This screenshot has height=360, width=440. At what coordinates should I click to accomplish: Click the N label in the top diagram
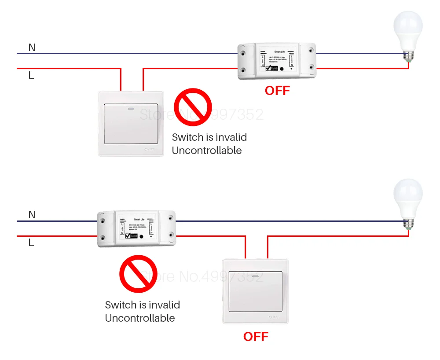[32, 47]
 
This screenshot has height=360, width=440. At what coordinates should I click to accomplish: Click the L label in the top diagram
[31, 75]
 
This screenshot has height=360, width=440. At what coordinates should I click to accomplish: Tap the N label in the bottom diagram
[32, 215]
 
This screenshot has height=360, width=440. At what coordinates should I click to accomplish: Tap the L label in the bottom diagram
[31, 242]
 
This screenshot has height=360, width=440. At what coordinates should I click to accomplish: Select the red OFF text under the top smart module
[277, 91]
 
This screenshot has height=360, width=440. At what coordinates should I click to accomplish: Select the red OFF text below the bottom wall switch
[256, 337]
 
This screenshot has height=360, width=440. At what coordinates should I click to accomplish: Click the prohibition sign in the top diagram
[193, 107]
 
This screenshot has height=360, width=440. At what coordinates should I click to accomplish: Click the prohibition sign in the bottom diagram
[138, 274]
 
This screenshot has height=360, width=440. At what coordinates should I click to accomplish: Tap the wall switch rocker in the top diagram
[131, 124]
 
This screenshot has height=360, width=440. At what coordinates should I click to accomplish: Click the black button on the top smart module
[281, 69]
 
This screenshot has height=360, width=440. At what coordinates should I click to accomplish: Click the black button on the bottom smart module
[141, 236]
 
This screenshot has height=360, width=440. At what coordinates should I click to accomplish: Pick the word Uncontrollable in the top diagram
[207, 151]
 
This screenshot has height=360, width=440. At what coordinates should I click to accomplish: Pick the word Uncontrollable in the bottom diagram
[140, 318]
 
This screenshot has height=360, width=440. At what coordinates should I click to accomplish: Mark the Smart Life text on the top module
[279, 52]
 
